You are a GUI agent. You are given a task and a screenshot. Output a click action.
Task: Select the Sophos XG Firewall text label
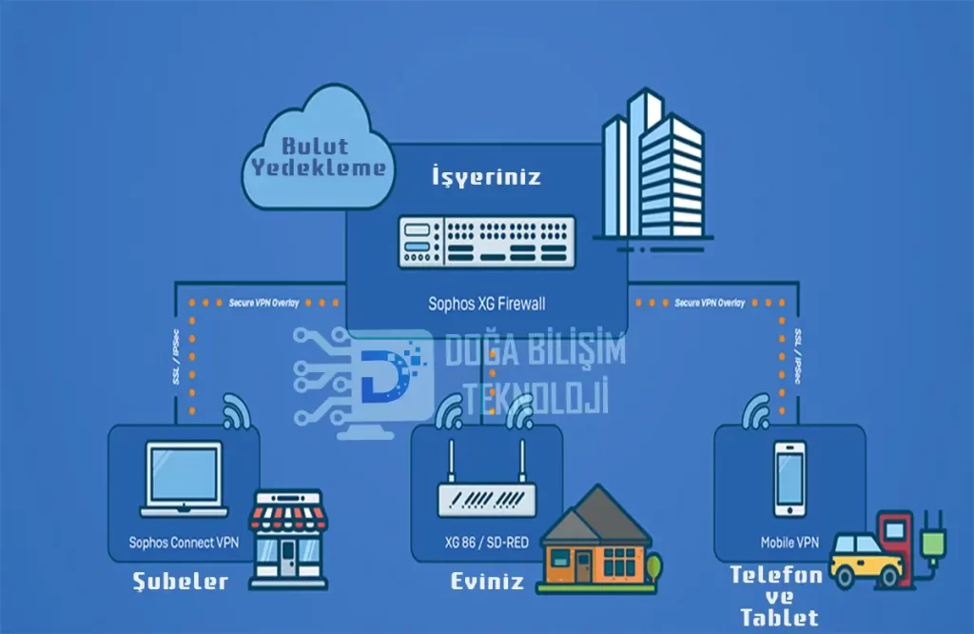tap(487, 305)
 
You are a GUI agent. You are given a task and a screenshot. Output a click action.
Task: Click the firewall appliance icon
tap(487, 242)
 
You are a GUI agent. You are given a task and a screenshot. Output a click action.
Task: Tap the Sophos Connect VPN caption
tap(184, 544)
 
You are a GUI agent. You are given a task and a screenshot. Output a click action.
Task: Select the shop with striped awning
tap(287, 538)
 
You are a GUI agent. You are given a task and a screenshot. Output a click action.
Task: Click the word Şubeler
tap(181, 582)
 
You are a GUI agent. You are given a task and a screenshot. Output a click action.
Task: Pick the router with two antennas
tap(486, 485)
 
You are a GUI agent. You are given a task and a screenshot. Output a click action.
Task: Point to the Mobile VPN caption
tap(789, 544)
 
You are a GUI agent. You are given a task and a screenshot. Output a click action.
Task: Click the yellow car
tap(866, 561)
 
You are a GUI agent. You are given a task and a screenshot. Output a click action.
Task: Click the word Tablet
tap(778, 617)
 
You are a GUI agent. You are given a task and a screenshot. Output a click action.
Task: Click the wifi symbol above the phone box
tap(758, 412)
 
